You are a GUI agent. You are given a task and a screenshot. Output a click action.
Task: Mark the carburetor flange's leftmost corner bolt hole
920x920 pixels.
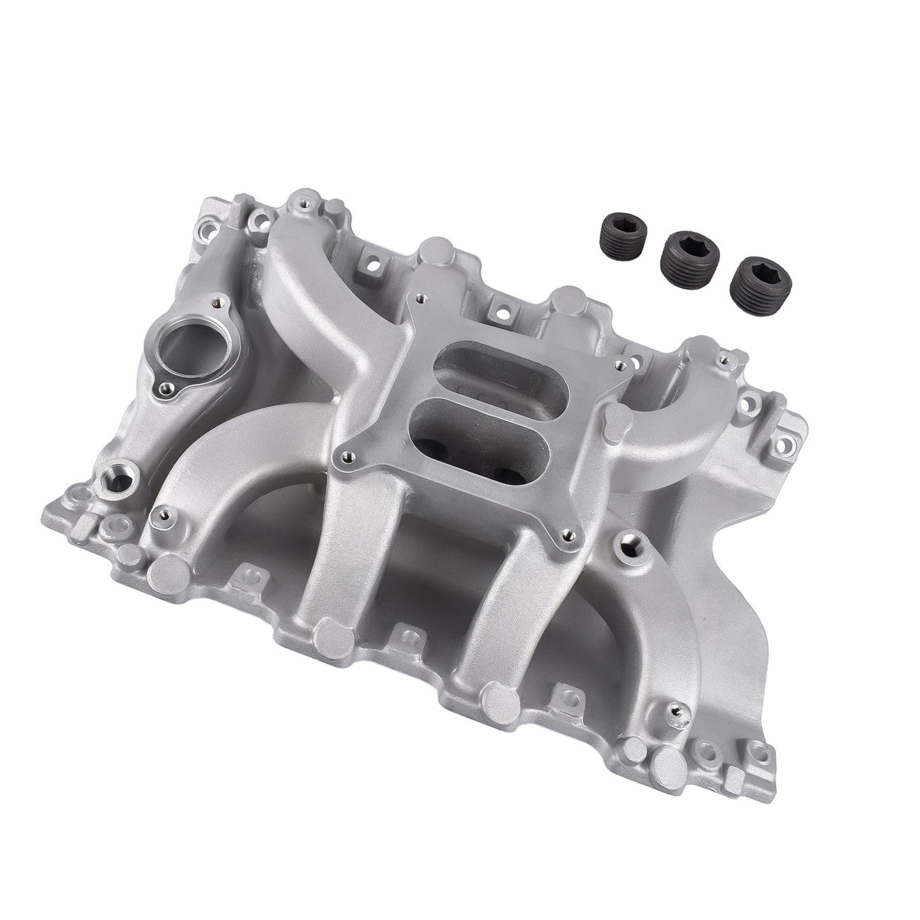(346, 455)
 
